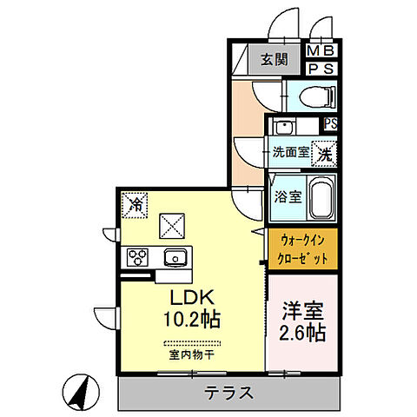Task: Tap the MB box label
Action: [x=323, y=51]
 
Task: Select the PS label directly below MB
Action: [x=323, y=69]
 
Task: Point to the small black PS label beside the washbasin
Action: [x=330, y=122]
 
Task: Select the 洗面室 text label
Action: [x=289, y=153]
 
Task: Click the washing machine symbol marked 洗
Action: [x=323, y=153]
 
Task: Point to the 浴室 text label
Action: [x=287, y=196]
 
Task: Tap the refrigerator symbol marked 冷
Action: [x=136, y=204]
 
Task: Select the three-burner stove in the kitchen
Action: [x=139, y=257]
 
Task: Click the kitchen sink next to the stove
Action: [x=175, y=257]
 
